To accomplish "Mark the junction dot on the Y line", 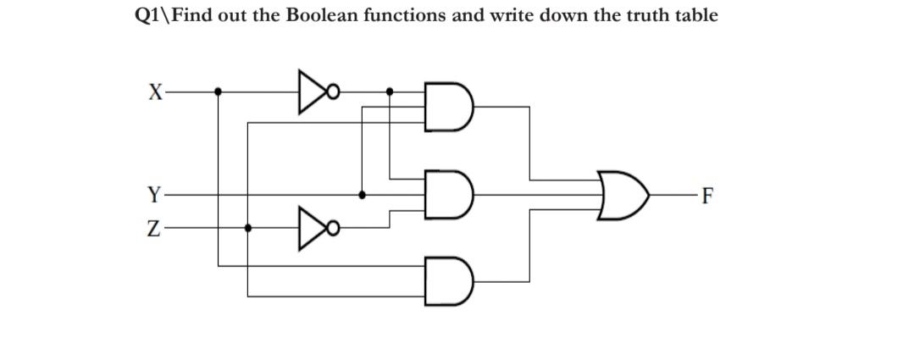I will pos(363,194).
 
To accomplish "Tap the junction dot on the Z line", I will pos(247,227).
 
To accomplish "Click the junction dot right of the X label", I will pos(219,91).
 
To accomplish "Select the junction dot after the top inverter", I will pos(390,91).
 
